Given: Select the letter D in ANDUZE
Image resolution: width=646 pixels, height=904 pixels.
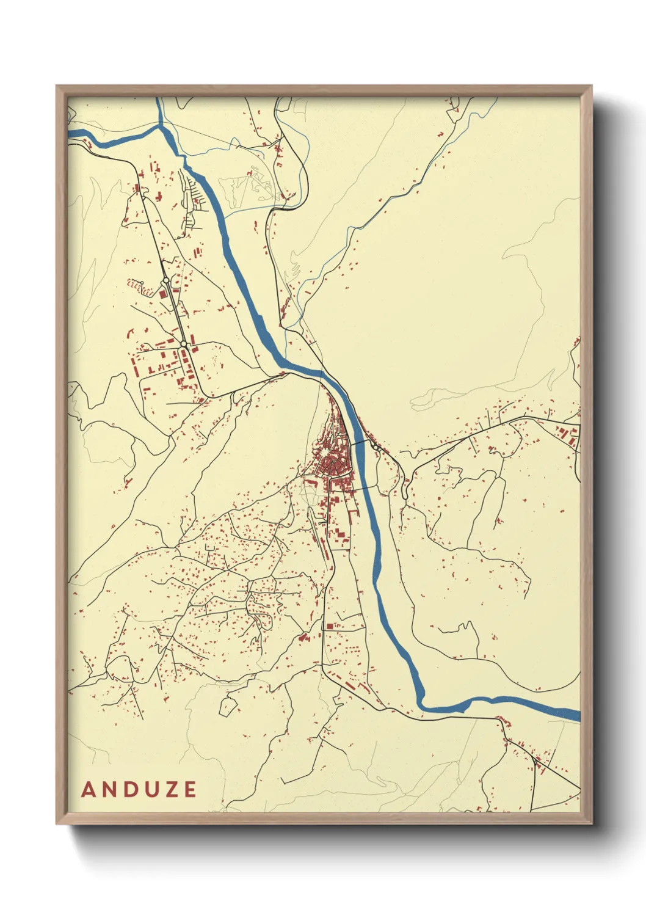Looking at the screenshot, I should [x=131, y=789].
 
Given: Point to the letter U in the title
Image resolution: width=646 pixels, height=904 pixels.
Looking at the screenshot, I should [x=151, y=789].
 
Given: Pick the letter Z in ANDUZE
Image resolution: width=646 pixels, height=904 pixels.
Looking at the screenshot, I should [x=171, y=789].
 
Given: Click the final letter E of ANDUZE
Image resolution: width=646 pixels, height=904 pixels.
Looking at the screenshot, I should [x=189, y=789].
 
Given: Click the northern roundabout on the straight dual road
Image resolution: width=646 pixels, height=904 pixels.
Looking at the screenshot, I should [x=165, y=280].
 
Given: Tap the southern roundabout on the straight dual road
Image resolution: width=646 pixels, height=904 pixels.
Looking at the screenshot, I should [x=183, y=345].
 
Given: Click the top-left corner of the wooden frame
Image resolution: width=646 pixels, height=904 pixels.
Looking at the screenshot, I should [x=57, y=86].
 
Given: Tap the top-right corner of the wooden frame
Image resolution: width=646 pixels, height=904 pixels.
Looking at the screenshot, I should [x=592, y=86].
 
